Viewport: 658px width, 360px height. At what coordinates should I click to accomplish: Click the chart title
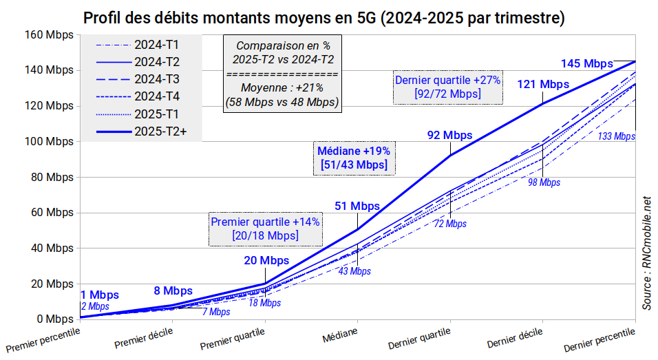click(323, 18)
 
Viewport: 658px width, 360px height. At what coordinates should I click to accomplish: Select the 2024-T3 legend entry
click(141, 78)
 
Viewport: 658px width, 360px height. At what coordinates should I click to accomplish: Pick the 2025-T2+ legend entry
click(141, 130)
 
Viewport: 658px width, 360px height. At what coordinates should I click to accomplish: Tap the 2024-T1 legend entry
click(141, 45)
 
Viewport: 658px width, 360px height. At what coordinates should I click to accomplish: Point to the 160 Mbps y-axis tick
click(49, 34)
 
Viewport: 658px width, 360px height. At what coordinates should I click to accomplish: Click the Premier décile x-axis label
click(142, 338)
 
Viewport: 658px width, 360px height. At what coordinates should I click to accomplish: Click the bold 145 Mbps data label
click(586, 63)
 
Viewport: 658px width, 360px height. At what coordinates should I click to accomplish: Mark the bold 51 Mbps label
click(357, 206)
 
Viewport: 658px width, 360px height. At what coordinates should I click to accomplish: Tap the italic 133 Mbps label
click(616, 136)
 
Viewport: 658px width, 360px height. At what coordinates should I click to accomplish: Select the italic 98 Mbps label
click(544, 182)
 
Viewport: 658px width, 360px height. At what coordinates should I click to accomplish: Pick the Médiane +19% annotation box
click(354, 158)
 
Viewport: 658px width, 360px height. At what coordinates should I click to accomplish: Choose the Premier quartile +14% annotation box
click(265, 229)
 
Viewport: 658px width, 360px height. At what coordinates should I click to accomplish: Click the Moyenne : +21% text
click(282, 87)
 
